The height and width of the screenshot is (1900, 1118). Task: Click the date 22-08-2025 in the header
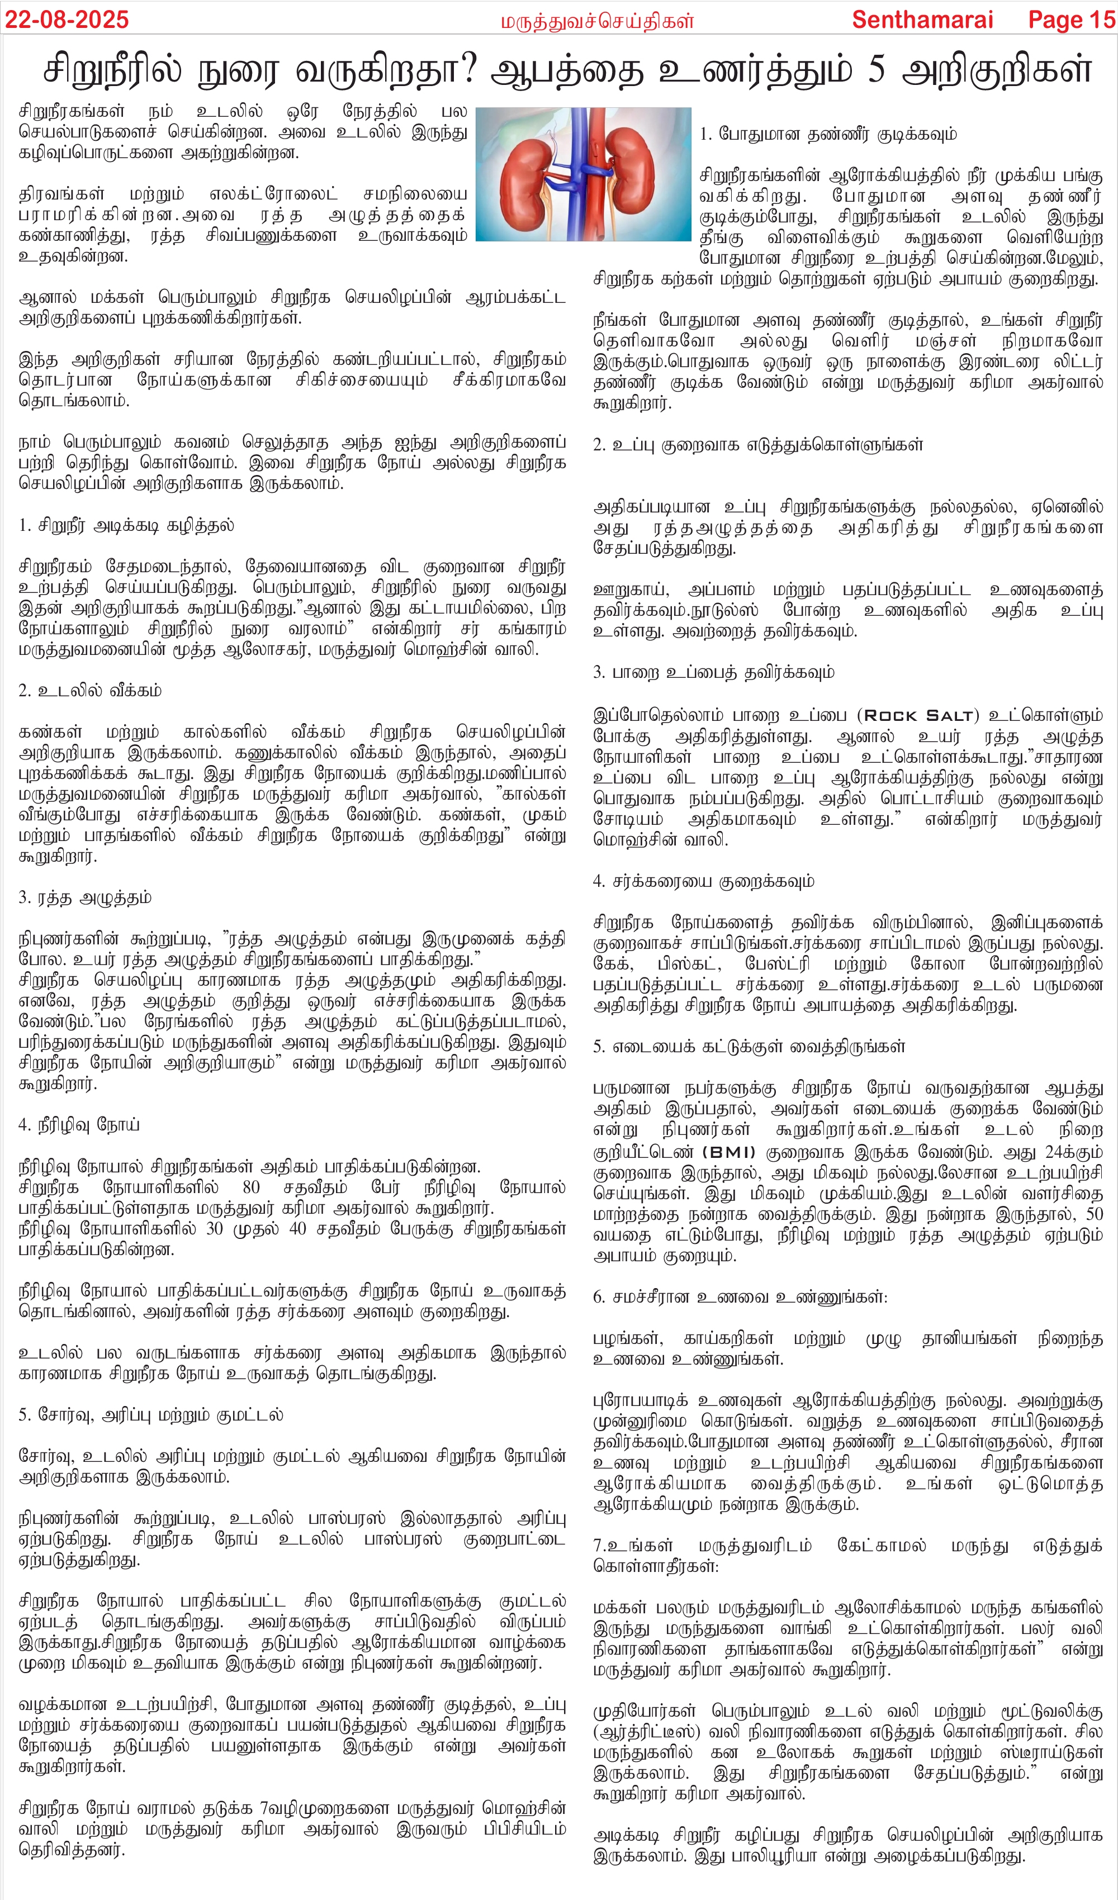(x=67, y=20)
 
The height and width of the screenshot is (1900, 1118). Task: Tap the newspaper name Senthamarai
(x=922, y=20)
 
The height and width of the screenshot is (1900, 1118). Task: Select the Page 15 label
(x=1071, y=20)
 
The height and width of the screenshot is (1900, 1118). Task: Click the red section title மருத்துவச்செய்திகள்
(x=596, y=22)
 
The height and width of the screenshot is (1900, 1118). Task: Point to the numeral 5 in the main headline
(x=876, y=70)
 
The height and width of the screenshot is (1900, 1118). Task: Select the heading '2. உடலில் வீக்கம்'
(x=90, y=691)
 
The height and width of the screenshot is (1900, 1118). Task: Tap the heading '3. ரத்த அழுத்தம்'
(x=84, y=898)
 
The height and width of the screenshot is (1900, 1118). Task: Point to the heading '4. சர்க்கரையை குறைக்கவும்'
(x=703, y=881)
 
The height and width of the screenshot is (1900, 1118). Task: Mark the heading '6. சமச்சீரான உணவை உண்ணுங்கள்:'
(x=740, y=1298)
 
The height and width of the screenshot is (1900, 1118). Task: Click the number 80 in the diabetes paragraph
(x=251, y=1187)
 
